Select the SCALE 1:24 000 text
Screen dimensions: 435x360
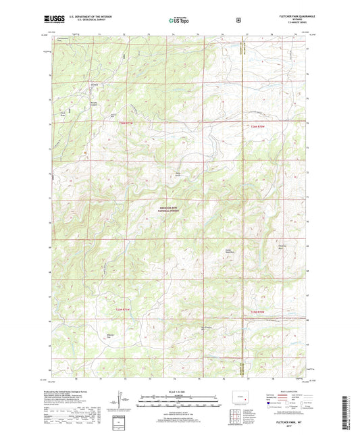[179, 392]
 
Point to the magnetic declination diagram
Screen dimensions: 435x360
[122, 399]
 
